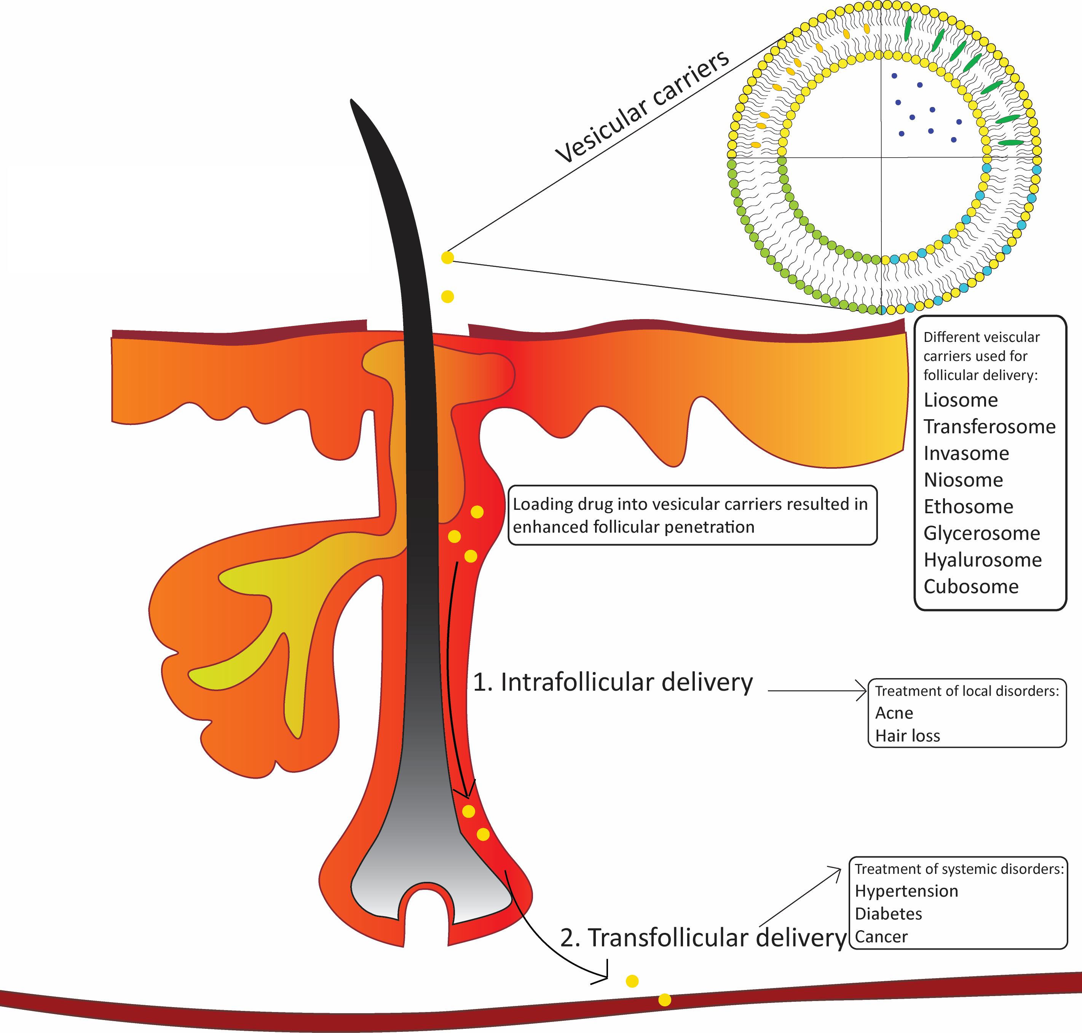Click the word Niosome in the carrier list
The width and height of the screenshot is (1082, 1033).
click(x=963, y=480)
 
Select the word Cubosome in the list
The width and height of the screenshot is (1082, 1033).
click(x=971, y=587)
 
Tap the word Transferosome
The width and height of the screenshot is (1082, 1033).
click(x=989, y=427)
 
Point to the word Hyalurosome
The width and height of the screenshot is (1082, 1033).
click(x=982, y=560)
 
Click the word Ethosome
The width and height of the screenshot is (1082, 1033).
click(x=968, y=506)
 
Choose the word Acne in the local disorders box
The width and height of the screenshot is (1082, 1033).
click(x=894, y=713)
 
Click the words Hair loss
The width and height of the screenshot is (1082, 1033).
click(x=908, y=736)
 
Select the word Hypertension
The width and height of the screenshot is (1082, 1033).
click(x=906, y=891)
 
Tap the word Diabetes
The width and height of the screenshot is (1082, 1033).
click(x=888, y=914)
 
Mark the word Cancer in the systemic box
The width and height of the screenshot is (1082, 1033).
click(x=881, y=937)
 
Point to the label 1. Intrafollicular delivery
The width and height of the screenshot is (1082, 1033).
click(x=612, y=682)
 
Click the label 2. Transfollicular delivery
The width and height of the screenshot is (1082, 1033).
click(x=702, y=938)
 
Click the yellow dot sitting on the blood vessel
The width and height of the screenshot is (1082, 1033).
click(x=665, y=1000)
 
